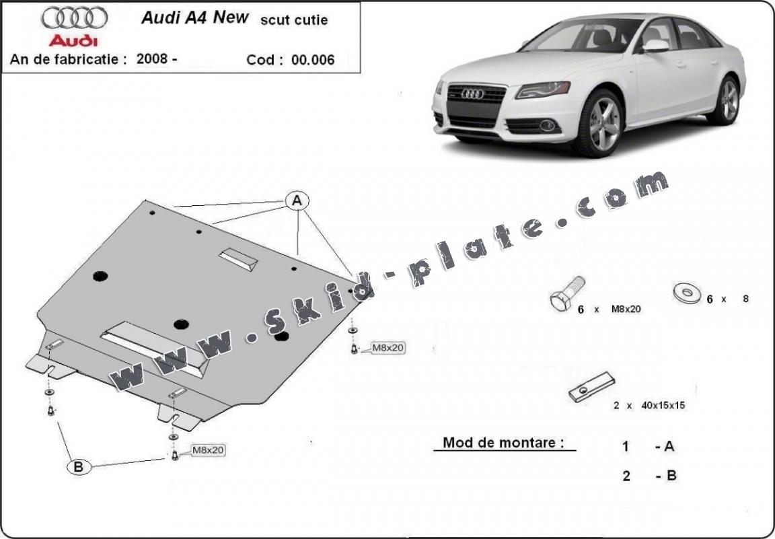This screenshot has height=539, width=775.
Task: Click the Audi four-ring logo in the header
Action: coord(75,17)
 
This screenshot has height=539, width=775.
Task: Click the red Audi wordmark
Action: coord(75,40)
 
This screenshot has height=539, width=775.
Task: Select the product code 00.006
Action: coord(313,59)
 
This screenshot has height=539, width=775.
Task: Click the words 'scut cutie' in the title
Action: coord(294,20)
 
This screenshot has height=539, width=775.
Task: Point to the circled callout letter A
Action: coord(297,201)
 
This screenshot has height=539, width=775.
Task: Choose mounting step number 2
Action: coord(626,476)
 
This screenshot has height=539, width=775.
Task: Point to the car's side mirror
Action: coord(656,46)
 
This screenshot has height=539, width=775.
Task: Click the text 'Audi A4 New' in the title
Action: coord(194,18)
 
